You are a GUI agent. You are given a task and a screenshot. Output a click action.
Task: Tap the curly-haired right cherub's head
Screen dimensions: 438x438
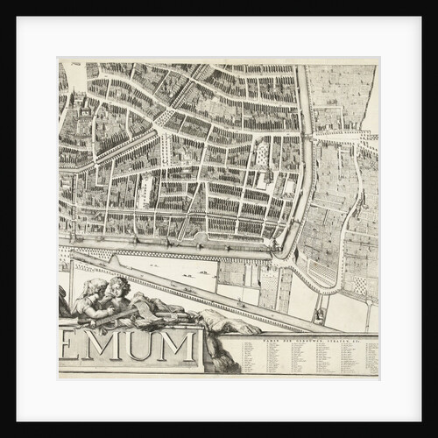click(x=119, y=286)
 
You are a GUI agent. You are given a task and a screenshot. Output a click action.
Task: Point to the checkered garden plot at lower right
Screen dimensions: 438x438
click(x=360, y=285)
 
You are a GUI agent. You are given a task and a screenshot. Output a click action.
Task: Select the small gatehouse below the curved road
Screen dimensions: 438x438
click(x=321, y=312)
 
